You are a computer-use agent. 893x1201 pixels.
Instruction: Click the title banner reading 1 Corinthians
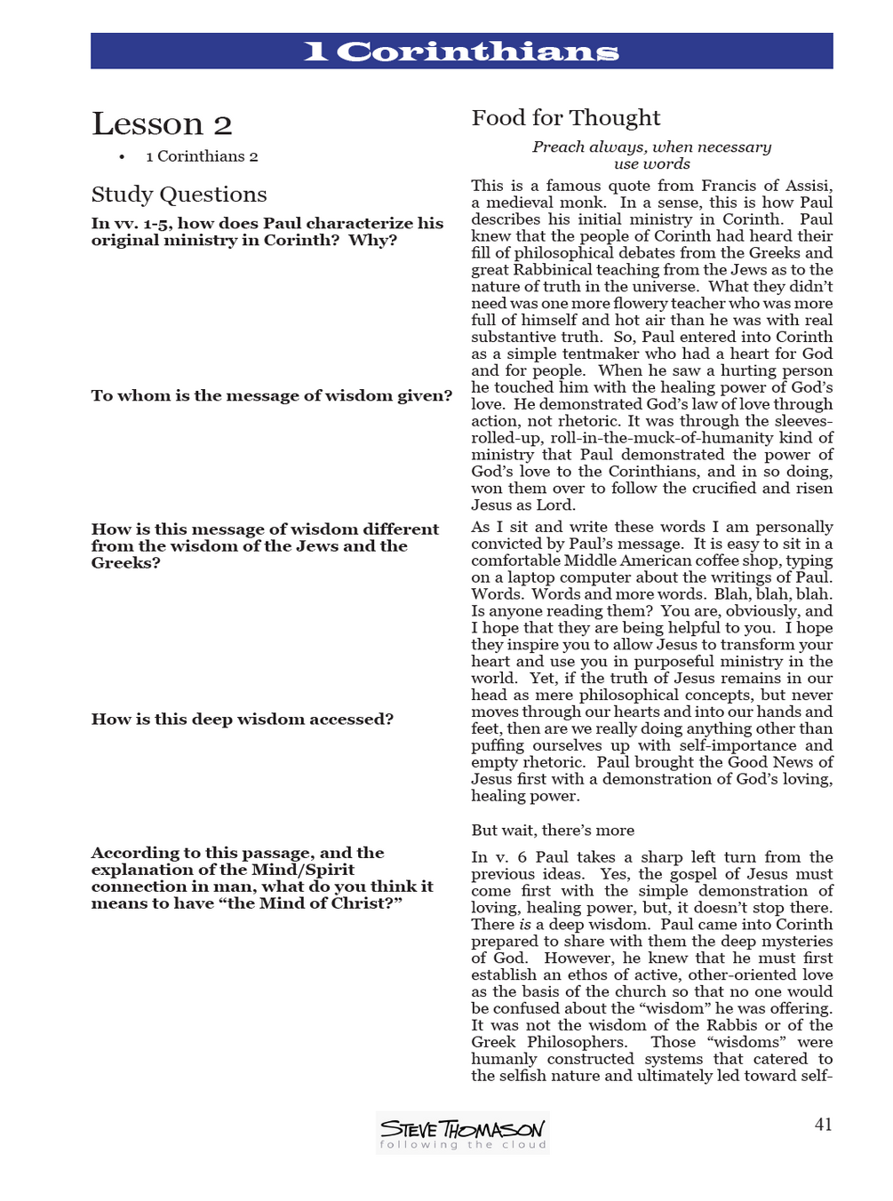pos(461,52)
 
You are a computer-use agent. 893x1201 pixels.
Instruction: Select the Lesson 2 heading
pos(162,124)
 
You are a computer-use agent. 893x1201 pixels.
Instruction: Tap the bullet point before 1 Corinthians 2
pos(122,157)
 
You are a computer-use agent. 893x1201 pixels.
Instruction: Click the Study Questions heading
pos(179,195)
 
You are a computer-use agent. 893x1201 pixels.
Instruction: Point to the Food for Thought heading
pos(565,118)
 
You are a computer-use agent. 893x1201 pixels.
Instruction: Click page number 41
pos(823,1125)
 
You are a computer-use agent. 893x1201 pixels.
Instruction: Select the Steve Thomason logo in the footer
pos(462,1128)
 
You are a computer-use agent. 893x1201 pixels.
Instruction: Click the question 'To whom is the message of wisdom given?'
pos(271,396)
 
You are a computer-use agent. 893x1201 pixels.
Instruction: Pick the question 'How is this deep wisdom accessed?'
pos(242,720)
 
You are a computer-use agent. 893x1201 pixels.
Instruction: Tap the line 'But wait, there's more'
pos(553,831)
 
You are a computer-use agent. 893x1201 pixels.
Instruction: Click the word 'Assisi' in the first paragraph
pos(808,186)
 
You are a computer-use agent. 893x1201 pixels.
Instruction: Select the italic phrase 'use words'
pos(651,164)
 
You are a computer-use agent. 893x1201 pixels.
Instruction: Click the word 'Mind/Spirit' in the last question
pos(302,870)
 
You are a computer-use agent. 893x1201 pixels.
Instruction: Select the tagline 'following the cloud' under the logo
pos(462,1145)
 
